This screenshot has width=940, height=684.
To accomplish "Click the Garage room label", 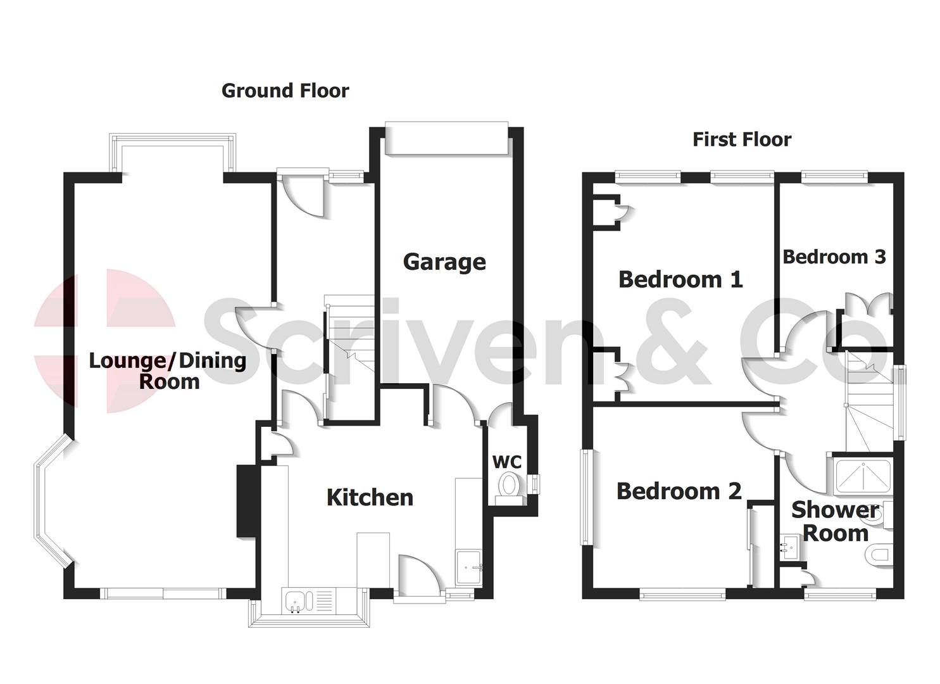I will (x=444, y=262).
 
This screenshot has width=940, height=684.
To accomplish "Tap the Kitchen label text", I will (x=370, y=498).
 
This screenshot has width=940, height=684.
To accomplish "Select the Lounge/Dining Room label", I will (x=168, y=370).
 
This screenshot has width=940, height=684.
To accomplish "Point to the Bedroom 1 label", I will (x=680, y=279).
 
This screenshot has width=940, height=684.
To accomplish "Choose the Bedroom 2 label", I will (x=679, y=491).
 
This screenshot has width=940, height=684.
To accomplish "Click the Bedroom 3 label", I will (x=834, y=257).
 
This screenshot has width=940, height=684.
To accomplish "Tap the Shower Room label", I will (x=836, y=522).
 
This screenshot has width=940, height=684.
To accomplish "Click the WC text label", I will (x=506, y=462).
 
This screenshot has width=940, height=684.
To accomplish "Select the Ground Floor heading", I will (x=285, y=91).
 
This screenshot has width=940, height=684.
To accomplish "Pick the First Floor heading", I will (x=741, y=139).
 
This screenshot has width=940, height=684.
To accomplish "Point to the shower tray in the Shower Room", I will (x=862, y=476).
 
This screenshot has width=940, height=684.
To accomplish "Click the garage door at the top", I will (x=447, y=139).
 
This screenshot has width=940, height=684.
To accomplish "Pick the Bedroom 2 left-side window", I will (x=587, y=497).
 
